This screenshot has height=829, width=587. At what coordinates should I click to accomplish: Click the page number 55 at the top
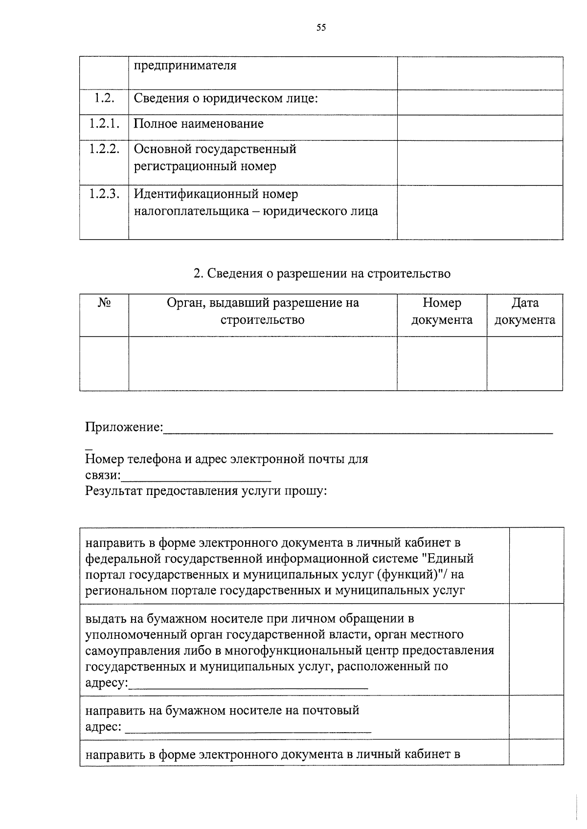(321, 28)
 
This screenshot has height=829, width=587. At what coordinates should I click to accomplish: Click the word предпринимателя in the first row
(185, 66)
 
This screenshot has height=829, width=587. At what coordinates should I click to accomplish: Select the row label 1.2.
(104, 98)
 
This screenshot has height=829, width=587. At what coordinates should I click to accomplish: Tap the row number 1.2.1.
(104, 123)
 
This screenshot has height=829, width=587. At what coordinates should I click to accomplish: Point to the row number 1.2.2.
(104, 149)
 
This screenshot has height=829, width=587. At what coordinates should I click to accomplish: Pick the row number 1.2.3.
(104, 194)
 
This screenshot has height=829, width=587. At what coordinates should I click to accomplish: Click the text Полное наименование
(199, 123)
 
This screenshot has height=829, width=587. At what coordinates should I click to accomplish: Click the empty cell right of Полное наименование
(479, 128)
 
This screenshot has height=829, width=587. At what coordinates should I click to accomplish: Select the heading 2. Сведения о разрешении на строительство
(322, 273)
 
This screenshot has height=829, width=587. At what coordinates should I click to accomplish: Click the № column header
(104, 303)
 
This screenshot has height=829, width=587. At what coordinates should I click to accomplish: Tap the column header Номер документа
(442, 312)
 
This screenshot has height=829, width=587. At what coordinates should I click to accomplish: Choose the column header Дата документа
(525, 312)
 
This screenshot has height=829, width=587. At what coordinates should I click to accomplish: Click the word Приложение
(123, 427)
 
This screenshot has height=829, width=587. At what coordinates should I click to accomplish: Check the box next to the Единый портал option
(536, 565)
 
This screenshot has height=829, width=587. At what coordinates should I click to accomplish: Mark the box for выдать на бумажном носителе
(536, 649)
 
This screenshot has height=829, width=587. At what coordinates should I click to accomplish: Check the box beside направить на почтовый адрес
(536, 717)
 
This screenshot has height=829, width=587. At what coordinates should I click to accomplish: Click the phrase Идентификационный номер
(216, 194)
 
